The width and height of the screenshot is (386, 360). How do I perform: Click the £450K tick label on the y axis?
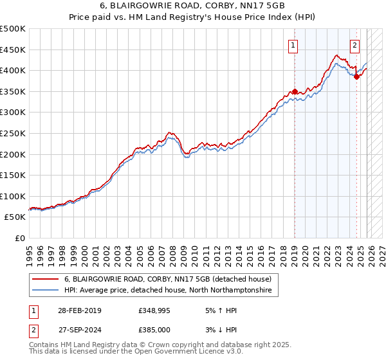(x=13, y=50)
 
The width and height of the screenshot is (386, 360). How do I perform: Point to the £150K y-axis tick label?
(x=13, y=175)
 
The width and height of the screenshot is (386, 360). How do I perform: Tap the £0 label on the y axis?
(x=21, y=238)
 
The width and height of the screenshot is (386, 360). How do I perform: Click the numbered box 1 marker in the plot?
(x=293, y=45)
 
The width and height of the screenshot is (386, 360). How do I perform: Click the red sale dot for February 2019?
(x=295, y=91)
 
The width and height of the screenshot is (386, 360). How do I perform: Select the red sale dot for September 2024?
(x=356, y=76)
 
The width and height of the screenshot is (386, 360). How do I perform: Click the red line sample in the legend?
(x=45, y=279)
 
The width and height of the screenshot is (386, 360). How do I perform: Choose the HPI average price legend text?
(x=168, y=291)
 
